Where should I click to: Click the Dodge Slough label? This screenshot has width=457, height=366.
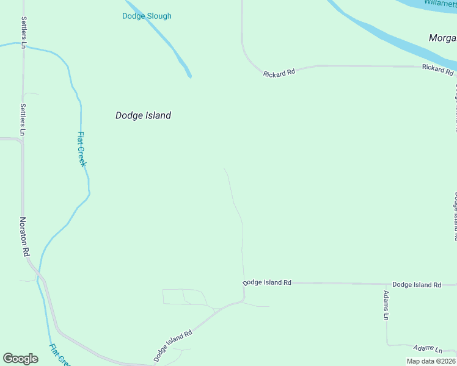coord(147,16)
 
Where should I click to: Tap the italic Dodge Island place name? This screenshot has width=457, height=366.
coord(143,115)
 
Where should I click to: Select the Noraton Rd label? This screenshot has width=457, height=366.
coord(24,237)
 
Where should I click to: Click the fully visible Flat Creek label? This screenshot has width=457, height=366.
coord(82,149)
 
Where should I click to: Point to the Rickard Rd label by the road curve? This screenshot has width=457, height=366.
coord(279,73)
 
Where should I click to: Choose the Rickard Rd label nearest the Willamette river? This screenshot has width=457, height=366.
coord(437,69)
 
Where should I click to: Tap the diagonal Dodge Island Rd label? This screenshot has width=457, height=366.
coord(173,346)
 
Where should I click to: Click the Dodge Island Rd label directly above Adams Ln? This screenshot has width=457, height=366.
coord(416,285)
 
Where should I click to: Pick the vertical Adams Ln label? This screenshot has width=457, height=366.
coord(386,305)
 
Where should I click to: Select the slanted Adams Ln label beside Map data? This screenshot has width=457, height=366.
coord(427,349)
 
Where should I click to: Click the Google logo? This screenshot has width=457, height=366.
coord(20,359)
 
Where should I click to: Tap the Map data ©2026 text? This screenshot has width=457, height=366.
coord(431,361)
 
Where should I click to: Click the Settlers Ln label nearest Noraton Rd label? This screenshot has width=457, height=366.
coord(23,119)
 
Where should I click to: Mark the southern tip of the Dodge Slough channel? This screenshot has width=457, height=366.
coord(189,76)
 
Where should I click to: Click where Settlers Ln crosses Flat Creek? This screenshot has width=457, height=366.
coord(24,46)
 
